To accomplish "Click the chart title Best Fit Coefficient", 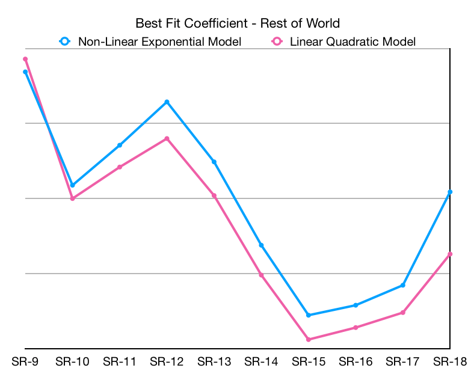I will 238,23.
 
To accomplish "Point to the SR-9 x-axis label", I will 25,361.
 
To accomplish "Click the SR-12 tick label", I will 167,361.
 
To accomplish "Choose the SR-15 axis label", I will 308,361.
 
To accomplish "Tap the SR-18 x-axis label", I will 450,361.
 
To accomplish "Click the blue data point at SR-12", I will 167,102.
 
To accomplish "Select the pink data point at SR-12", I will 167,139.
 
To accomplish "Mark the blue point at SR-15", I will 309,315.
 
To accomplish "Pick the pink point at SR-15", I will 309,340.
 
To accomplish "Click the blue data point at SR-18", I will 450,192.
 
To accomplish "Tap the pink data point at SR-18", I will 450,254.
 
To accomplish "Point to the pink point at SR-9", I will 25,59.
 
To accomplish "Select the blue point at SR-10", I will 72,185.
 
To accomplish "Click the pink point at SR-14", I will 261,275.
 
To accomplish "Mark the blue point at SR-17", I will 403,285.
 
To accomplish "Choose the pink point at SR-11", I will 120,167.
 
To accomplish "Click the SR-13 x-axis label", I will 214,361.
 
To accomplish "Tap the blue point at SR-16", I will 355,305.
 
